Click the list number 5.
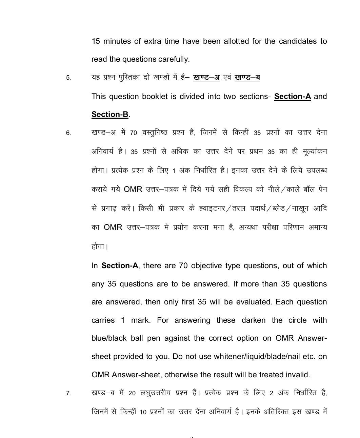click(68, 78)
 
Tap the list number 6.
click(68, 133)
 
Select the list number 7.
click(68, 393)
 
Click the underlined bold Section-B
click(110, 115)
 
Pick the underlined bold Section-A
click(292, 96)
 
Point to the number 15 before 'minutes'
click(96, 41)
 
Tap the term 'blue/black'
click(109, 338)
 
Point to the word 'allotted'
click(236, 41)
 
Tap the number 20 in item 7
click(132, 393)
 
